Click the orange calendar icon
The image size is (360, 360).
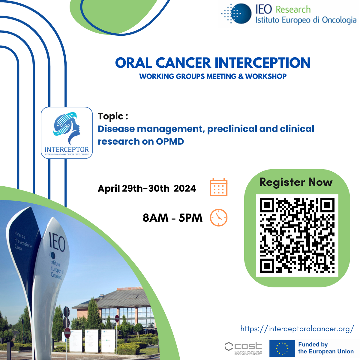218,187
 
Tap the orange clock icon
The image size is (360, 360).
218,217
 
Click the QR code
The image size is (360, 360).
297,235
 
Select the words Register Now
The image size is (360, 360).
296,182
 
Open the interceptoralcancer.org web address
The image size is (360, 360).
297,329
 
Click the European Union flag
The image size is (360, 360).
282,348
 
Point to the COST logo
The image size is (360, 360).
243,348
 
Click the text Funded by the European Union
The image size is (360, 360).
325,348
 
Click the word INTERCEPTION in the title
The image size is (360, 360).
262,63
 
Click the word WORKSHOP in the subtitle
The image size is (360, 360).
266,76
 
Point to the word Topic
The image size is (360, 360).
111,116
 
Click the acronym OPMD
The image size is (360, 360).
170,141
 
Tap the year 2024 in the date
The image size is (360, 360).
185,188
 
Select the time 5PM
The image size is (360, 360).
190,218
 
